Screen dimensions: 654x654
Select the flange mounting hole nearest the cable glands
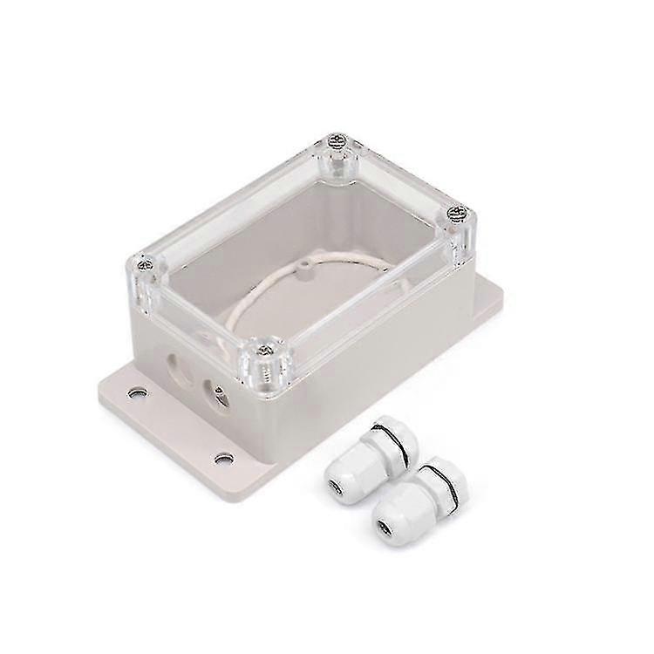223,456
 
